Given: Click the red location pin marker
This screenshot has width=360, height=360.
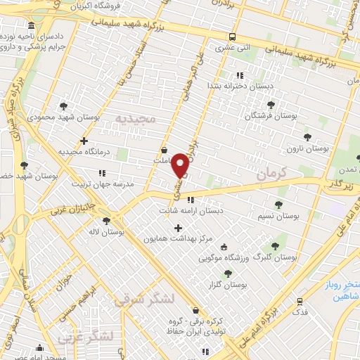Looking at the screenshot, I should (180, 164).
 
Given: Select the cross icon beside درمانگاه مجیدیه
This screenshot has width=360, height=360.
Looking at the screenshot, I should (84, 141).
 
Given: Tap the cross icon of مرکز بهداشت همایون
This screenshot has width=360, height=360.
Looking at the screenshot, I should (178, 228).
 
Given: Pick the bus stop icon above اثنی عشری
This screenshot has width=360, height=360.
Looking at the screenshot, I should (232, 37).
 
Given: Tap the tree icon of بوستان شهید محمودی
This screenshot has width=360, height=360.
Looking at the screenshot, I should (64, 106).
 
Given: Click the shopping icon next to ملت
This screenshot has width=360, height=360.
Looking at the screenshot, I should (164, 150).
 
